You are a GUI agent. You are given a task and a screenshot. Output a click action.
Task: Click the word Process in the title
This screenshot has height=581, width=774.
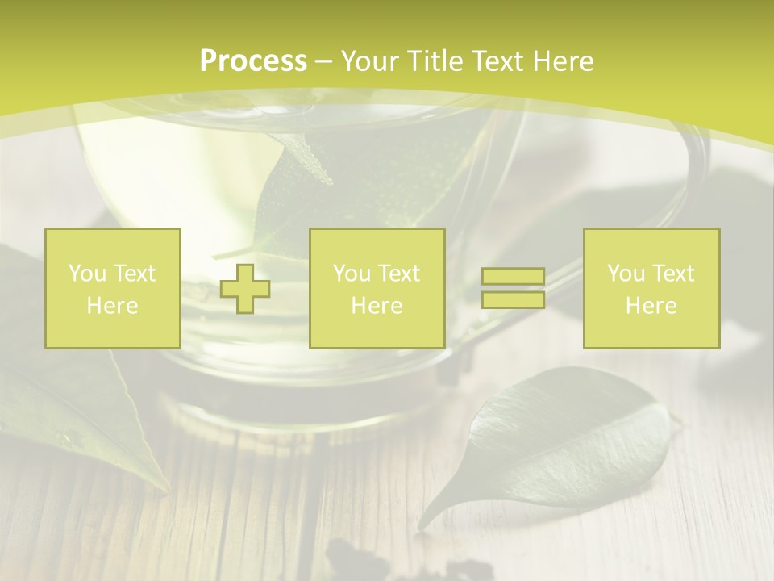click(x=253, y=61)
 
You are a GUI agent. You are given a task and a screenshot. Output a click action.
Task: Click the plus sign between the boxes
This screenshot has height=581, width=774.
click(x=245, y=289)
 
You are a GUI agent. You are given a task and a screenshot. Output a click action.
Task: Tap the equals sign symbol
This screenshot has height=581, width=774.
click(x=513, y=288)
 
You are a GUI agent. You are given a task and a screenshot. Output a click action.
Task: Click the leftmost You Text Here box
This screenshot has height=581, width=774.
click(x=112, y=288)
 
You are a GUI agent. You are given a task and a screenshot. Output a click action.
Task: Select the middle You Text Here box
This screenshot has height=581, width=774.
click(x=377, y=288)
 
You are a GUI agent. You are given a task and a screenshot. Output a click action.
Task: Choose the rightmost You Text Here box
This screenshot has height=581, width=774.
click(x=651, y=288)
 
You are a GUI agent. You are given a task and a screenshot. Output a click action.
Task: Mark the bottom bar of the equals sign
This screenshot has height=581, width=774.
click(x=513, y=299)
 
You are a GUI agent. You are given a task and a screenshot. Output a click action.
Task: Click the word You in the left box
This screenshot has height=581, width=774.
click(x=86, y=274)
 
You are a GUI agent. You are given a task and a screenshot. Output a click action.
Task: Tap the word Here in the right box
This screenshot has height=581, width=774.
click(x=651, y=306)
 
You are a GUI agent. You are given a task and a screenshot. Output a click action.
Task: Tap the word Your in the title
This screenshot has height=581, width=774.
click(x=368, y=61)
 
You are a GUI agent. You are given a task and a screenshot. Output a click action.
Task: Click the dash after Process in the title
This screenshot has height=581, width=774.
click(x=324, y=61)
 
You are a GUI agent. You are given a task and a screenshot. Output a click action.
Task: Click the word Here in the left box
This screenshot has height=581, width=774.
click(x=112, y=306)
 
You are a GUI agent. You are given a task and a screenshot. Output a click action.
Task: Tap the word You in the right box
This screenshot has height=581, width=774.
click(x=625, y=274)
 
